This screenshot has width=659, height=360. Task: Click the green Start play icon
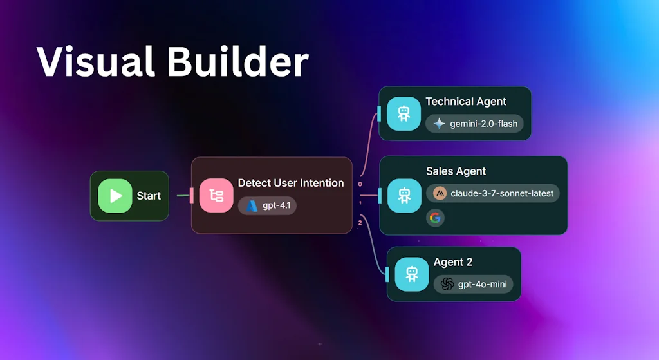[115, 196]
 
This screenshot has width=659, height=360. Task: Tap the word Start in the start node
[149, 196]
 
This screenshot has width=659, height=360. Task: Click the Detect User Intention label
[291, 183]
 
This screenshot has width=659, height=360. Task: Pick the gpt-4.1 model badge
[268, 206]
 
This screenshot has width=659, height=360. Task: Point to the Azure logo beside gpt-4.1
[252, 206]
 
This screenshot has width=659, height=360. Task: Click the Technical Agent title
[466, 102]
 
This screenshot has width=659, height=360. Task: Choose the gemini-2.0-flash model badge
[475, 124]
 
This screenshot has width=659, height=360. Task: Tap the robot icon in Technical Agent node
[404, 113]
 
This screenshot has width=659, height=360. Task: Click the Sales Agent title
[456, 171]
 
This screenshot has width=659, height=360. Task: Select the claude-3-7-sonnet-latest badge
[492, 193]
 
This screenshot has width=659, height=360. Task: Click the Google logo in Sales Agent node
[435, 218]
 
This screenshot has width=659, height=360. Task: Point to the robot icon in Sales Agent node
[404, 196]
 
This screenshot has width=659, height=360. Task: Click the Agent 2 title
[453, 262]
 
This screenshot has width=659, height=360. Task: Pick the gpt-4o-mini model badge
[473, 284]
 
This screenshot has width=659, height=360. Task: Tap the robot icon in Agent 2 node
[412, 274]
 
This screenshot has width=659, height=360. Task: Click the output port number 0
[360, 184]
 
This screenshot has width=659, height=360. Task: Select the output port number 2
[360, 223]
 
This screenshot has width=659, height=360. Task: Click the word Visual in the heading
[95, 62]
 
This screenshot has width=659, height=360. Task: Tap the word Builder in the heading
[239, 62]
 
